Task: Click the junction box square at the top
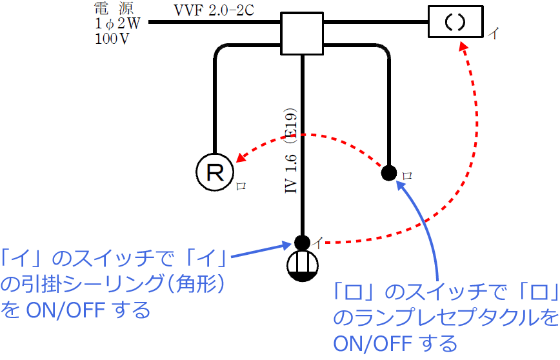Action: [302, 33]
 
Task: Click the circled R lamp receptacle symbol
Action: [214, 171]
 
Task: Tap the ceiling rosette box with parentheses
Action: [455, 22]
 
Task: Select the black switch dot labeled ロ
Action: [389, 173]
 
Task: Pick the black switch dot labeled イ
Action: [302, 243]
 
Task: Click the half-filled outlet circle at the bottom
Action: [302, 266]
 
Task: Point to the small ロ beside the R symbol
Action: [241, 186]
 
